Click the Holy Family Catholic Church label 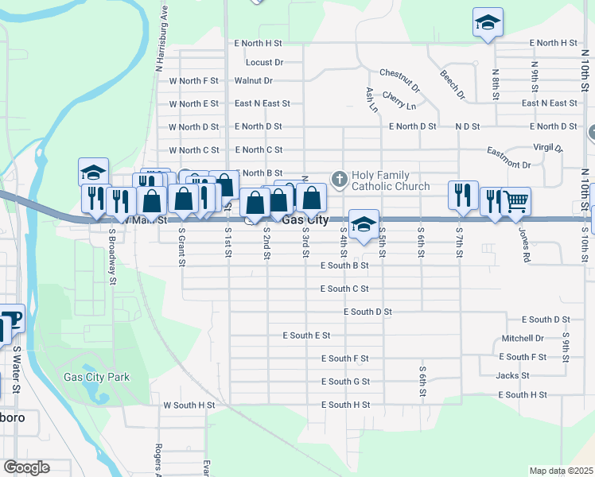(391, 180)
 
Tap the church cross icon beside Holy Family (339, 180)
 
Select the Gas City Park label (96, 378)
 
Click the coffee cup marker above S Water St (13, 318)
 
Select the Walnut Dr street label (253, 81)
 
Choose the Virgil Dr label (547, 148)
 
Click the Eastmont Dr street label (508, 165)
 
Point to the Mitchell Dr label (523, 339)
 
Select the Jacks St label (512, 376)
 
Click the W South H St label (189, 405)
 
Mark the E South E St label (306, 336)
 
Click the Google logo (26, 467)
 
